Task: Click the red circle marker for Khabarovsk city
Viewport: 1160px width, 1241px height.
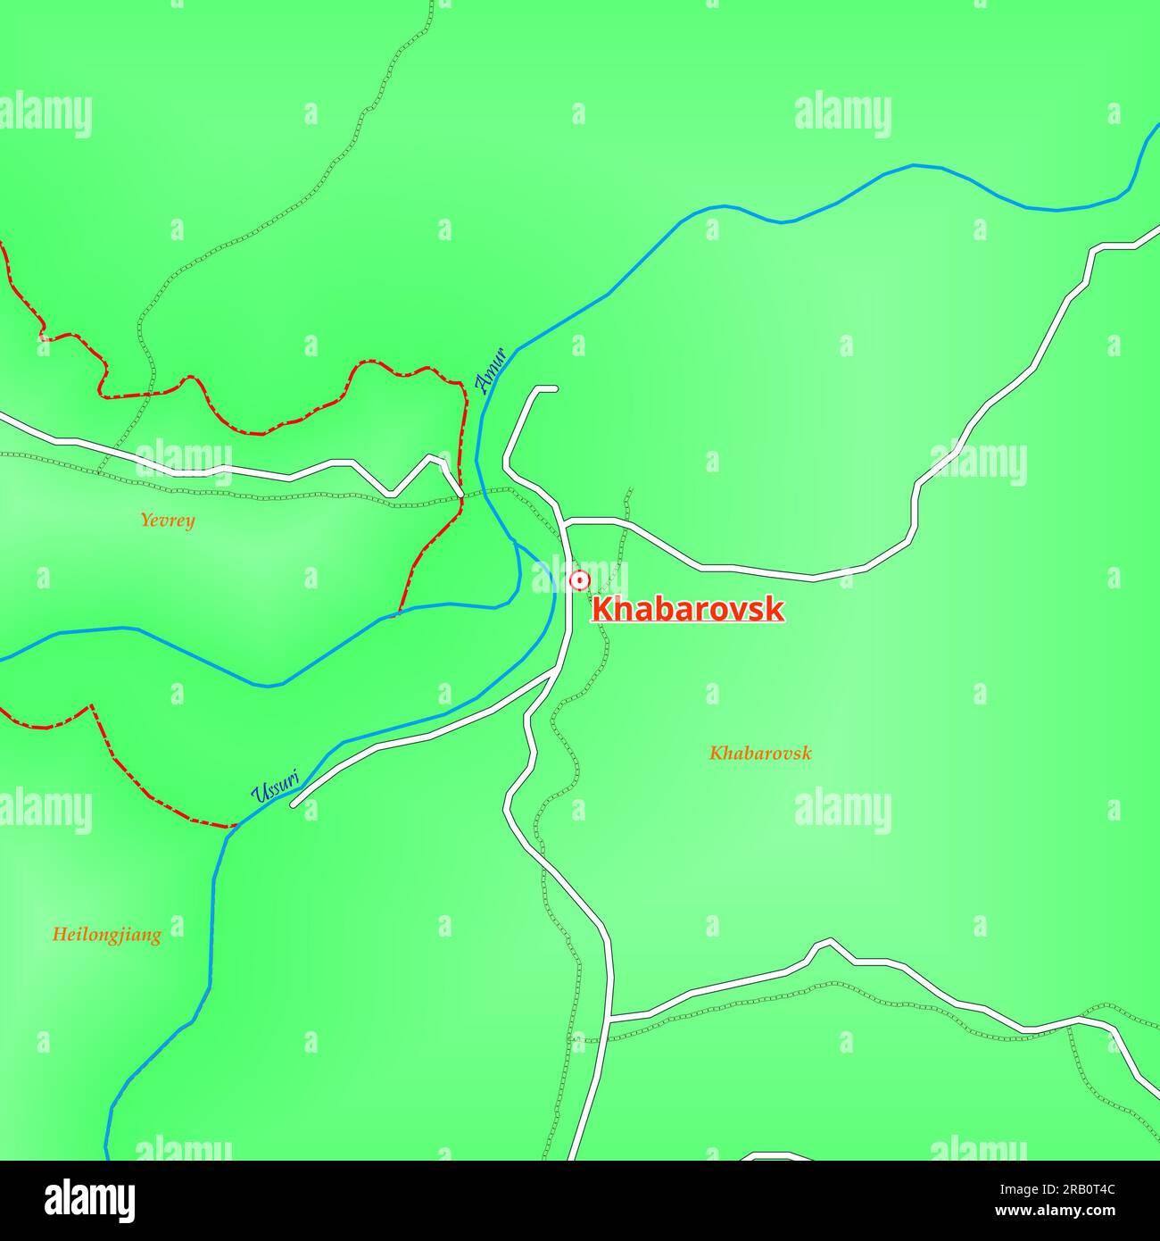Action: click(x=580, y=581)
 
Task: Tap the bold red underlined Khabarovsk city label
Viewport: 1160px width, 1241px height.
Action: click(x=688, y=610)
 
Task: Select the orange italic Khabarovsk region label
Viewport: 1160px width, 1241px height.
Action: click(x=760, y=753)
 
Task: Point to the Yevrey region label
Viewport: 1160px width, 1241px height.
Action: click(x=167, y=520)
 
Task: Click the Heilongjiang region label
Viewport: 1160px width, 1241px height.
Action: click(x=106, y=935)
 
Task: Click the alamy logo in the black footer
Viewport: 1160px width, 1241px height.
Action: click(x=89, y=1200)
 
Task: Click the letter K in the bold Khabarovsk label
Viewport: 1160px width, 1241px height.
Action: click(x=602, y=610)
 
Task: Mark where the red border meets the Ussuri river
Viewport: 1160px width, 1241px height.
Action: click(x=234, y=826)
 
